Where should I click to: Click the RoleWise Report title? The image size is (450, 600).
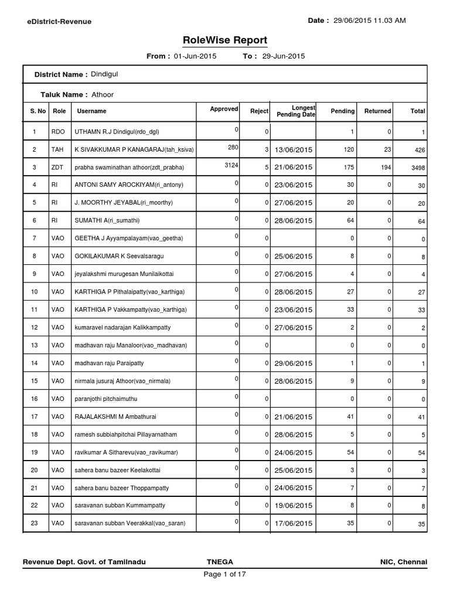click(225, 40)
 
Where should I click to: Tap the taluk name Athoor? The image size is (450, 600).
click(103, 94)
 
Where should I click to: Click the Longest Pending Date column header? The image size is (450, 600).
click(296, 111)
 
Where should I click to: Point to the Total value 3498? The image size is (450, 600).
click(417, 169)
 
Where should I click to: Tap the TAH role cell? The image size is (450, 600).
click(57, 150)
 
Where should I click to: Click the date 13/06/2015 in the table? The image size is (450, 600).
click(292, 150)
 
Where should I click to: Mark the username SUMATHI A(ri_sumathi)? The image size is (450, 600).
click(107, 220)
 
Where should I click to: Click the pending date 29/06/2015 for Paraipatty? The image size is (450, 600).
click(292, 363)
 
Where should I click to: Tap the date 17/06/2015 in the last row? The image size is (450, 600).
click(292, 523)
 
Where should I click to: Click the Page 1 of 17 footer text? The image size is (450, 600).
click(224, 574)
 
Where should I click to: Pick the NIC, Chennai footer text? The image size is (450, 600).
click(404, 562)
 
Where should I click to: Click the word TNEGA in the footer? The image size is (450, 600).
click(212, 562)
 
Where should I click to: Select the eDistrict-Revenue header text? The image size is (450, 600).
click(59, 22)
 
